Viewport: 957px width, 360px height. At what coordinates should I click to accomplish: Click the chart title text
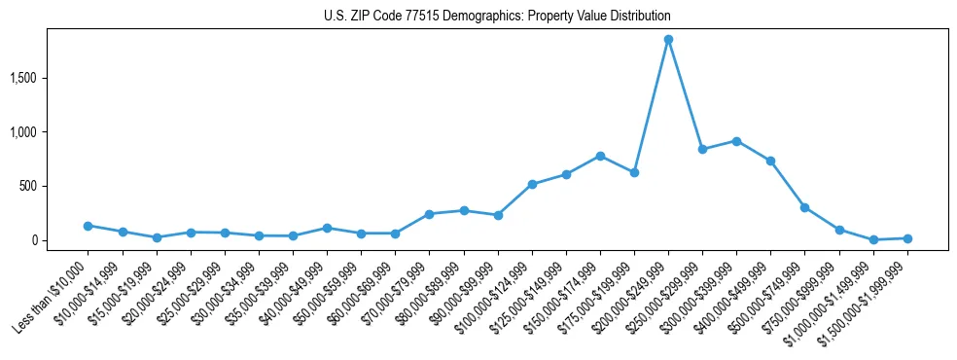[x=497, y=17]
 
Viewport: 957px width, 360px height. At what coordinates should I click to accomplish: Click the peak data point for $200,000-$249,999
[x=668, y=40]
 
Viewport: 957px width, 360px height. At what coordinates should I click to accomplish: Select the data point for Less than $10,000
[x=89, y=226]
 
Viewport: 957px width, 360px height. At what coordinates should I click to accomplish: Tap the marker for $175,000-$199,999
[x=634, y=172]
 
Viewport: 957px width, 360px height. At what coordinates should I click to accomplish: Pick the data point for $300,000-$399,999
[x=736, y=141]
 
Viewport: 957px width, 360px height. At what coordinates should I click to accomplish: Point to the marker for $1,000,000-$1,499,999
[x=873, y=239]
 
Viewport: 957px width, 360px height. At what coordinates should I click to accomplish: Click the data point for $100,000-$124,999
[x=532, y=184]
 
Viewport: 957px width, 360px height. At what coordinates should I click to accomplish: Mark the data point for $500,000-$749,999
[x=804, y=207]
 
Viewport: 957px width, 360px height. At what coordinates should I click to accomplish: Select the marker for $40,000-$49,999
[x=327, y=228]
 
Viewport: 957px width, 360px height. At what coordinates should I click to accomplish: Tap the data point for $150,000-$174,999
[x=600, y=156]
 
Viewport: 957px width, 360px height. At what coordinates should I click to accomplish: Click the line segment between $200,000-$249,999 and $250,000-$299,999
[x=686, y=95]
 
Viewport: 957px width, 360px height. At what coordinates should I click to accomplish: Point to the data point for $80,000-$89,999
[x=464, y=210]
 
